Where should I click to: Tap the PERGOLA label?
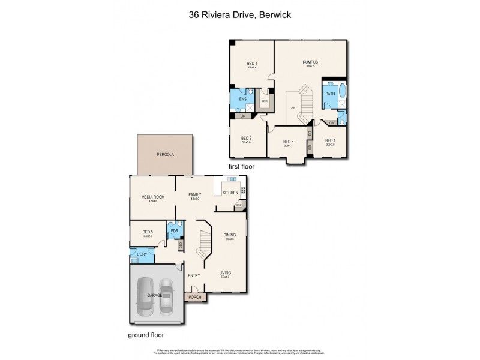[165, 154]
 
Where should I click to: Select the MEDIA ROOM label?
[153, 196]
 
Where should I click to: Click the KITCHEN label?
[230, 193]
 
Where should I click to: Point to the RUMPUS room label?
[310, 62]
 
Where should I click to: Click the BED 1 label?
[252, 64]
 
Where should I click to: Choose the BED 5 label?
[148, 232]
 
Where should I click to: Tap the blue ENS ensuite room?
[243, 99]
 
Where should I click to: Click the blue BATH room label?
[330, 94]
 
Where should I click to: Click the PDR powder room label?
[175, 231]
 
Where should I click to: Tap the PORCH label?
[194, 297]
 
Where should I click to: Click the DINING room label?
[230, 235]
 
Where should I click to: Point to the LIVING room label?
[226, 272]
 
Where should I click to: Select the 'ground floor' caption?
[146, 335]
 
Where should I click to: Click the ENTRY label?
[194, 275]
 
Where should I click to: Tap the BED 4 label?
[331, 140]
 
